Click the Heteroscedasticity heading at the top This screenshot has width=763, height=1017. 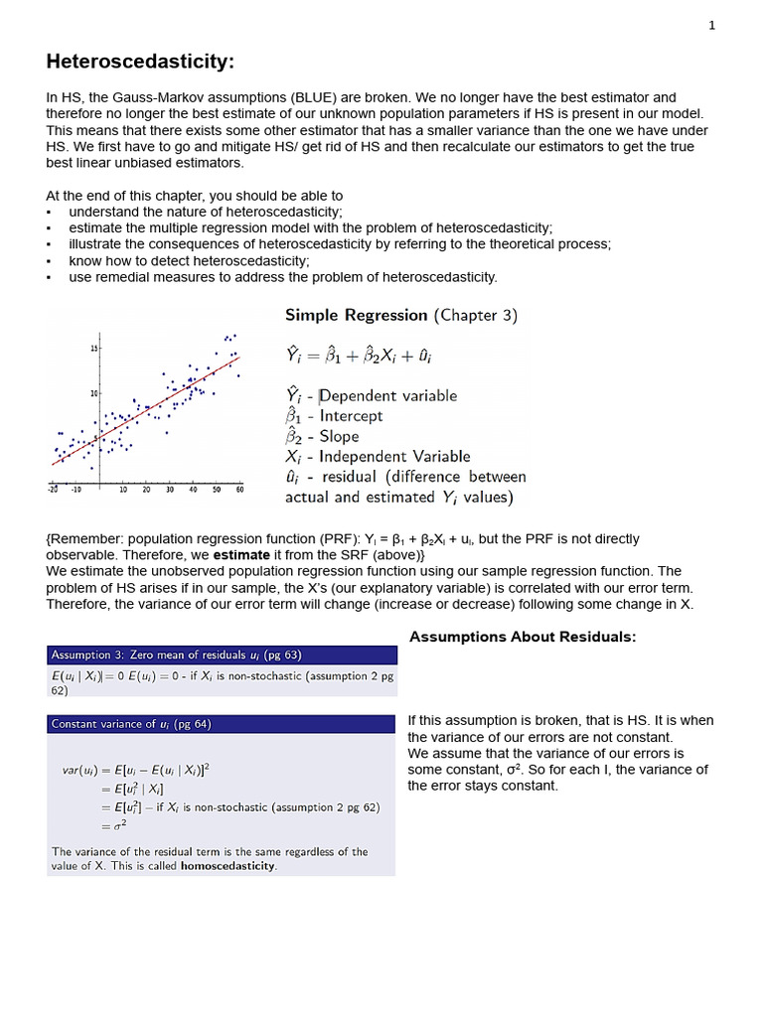pyautogui.click(x=140, y=63)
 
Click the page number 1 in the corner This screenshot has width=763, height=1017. pyautogui.click(x=711, y=27)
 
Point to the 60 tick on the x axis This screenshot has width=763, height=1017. pyautogui.click(x=239, y=490)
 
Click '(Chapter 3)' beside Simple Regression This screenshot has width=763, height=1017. pyautogui.click(x=475, y=316)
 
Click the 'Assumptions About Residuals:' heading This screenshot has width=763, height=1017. pyautogui.click(x=522, y=637)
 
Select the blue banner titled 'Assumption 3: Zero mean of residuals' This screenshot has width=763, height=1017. pyautogui.click(x=221, y=655)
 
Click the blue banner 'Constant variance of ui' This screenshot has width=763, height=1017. pyautogui.click(x=221, y=725)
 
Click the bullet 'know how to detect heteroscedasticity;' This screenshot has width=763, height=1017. pyautogui.click(x=189, y=260)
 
